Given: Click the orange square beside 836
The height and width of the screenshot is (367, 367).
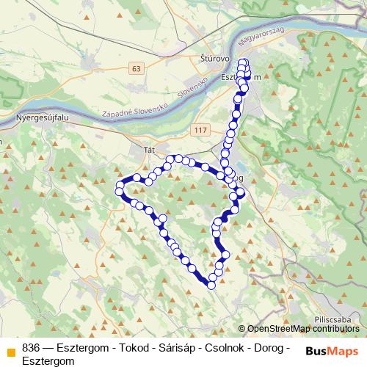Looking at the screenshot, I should click(x=10, y=349).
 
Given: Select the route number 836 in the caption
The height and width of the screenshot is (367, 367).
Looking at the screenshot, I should click(x=31, y=347).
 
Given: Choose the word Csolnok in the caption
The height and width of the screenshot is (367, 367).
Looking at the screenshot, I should click(x=230, y=347).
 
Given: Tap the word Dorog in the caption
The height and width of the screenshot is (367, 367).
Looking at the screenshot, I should click(x=272, y=347).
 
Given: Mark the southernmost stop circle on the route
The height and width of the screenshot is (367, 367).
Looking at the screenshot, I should click(x=212, y=285).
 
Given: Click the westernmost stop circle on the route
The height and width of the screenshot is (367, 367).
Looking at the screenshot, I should click(x=119, y=192).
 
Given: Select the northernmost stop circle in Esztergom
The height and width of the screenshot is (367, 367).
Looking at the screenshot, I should click(x=244, y=62).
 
